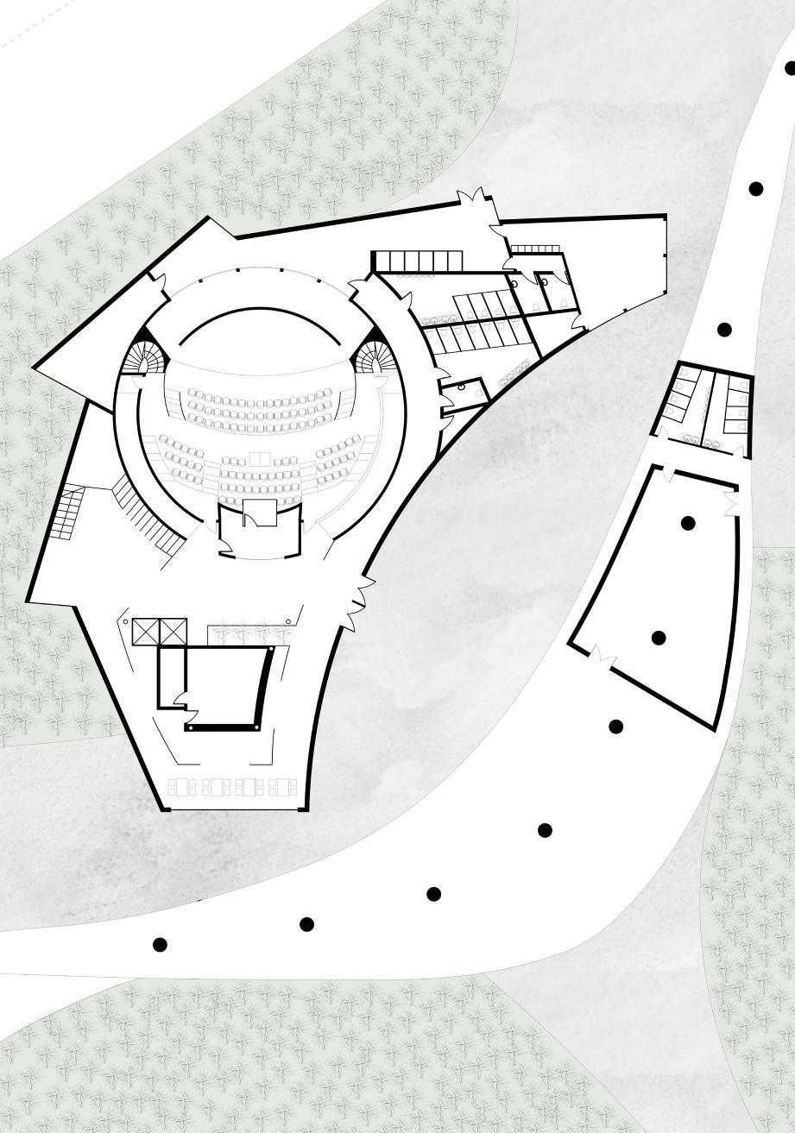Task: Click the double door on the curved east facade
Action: [361, 601]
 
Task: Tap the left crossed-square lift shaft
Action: [146, 632]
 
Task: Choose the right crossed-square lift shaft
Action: [173, 632]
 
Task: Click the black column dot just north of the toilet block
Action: [724, 330]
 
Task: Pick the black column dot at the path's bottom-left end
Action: [160, 945]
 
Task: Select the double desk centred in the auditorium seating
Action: [259, 456]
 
